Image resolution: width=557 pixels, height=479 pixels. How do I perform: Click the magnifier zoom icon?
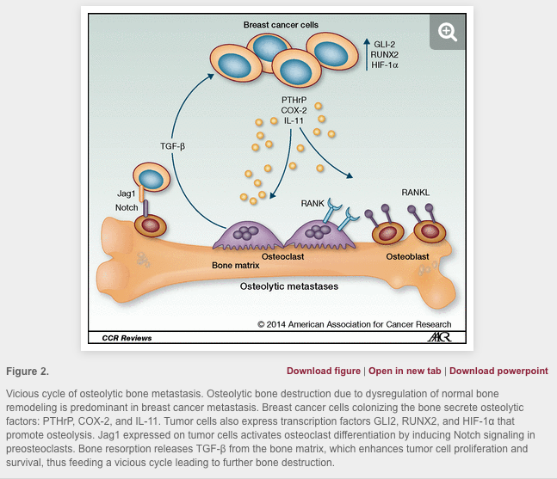coord(447,32)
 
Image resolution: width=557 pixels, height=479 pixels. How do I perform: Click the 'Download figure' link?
coord(323,371)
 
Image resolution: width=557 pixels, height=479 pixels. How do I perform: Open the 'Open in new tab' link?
coord(405,371)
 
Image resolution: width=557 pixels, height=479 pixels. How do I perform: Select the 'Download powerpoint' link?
coord(498,371)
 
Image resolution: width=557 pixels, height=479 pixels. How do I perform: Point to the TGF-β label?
coord(173,145)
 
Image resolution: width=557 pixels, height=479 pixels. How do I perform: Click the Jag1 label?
coord(126,193)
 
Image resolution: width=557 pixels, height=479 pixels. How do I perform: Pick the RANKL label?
coord(415,192)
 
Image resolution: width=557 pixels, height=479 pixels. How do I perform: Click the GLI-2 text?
coord(384,42)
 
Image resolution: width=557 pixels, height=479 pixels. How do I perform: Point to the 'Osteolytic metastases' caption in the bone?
coord(288,286)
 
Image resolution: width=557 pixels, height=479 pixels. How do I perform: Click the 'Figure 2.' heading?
coord(28,371)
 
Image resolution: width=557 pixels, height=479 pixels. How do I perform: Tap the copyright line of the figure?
coord(354,324)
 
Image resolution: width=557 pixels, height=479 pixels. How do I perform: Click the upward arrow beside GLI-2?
coord(365,53)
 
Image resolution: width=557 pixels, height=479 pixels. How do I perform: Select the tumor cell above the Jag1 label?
coord(152,179)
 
